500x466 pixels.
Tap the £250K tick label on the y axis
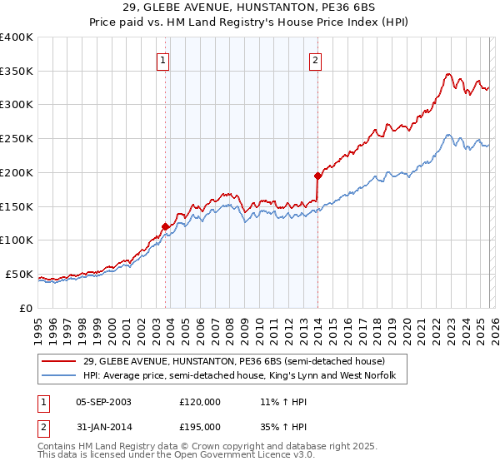(17, 139)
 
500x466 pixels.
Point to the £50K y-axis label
(19, 275)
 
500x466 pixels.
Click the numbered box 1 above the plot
(162, 60)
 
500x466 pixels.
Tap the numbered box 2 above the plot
(316, 60)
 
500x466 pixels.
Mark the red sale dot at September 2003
(166, 226)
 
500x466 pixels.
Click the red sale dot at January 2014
(318, 176)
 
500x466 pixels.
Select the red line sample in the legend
(59, 362)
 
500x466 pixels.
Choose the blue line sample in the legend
(59, 376)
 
